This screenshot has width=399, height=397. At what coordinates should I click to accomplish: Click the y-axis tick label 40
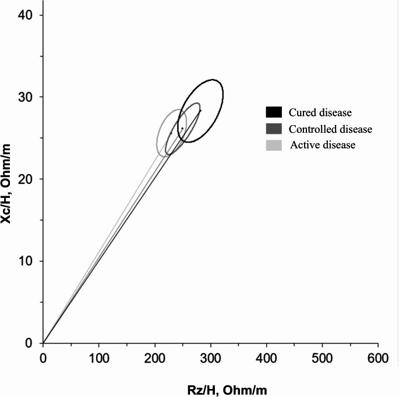26,15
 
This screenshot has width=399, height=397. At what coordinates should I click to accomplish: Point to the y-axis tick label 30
26,97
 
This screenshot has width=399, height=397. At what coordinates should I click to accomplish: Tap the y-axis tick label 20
26,179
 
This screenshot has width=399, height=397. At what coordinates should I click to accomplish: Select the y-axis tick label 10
26,261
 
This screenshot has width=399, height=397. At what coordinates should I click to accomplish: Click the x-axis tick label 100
99,359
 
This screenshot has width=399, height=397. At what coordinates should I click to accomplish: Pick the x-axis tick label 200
155,359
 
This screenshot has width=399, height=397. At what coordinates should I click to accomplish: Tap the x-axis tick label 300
210,359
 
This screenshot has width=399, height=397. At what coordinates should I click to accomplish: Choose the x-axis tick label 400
266,359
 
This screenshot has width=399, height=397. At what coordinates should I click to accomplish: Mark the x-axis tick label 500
322,359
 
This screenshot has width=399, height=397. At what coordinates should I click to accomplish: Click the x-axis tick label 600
378,359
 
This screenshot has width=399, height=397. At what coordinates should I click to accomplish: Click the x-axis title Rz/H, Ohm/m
227,391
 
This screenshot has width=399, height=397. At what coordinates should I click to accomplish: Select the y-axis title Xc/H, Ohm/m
6,184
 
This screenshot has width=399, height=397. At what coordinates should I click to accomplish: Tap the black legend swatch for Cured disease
274,112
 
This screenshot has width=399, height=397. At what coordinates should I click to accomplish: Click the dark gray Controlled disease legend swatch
274,129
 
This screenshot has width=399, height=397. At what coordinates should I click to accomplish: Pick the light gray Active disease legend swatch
274,145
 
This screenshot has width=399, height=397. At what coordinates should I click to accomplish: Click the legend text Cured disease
320,112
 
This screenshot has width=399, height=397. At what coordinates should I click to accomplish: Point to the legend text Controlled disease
330,129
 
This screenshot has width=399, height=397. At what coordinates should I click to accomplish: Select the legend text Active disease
323,145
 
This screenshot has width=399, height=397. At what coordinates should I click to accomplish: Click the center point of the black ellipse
200,111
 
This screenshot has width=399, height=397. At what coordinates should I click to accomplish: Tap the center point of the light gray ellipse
171,133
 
